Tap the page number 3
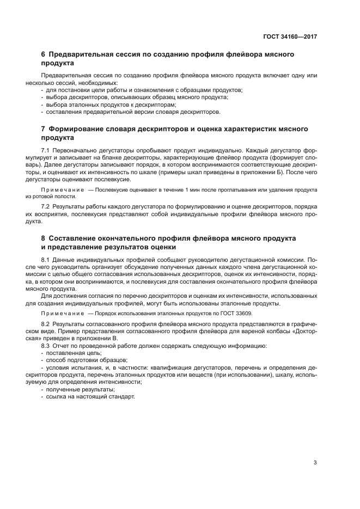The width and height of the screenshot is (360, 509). pos(315,463)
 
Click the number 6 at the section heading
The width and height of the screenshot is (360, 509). pos(44,55)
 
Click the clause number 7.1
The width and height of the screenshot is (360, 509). pos(45,149)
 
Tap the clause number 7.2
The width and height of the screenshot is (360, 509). pos(45,207)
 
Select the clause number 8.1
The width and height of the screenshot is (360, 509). pos(45,260)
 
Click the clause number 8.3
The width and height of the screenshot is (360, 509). pos(45,346)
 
